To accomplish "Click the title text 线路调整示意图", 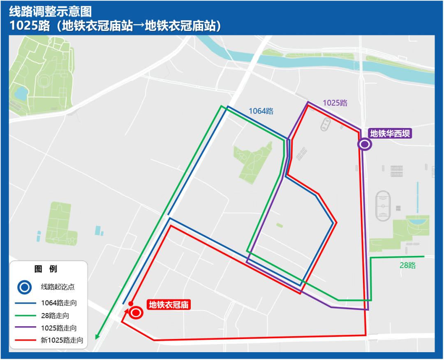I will click(x=51, y=11).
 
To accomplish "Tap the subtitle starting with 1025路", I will click(x=116, y=26).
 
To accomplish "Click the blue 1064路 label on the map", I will click(x=261, y=111).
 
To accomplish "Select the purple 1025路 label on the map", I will click(x=335, y=103).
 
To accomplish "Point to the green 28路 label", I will click(x=408, y=265).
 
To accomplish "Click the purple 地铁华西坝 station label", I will click(x=390, y=133).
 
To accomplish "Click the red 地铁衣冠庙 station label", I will click(x=169, y=305).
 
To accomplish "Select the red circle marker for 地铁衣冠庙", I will click(x=136, y=313).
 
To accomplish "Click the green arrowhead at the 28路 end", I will click(x=97, y=337).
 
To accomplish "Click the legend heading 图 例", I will click(x=46, y=269).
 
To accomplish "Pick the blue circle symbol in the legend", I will click(x=24, y=287).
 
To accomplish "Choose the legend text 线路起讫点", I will click(x=58, y=287).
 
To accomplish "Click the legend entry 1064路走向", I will click(x=59, y=303).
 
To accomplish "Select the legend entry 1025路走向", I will click(x=59, y=328).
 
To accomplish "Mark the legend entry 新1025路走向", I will click(x=62, y=340).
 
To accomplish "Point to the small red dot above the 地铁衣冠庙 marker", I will click(x=130, y=304).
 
